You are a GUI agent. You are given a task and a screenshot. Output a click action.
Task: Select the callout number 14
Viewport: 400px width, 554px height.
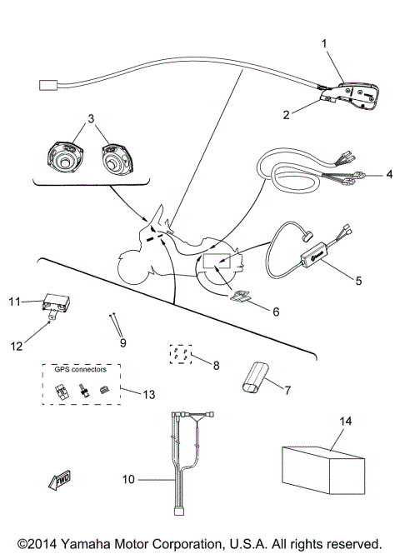click(x=345, y=422)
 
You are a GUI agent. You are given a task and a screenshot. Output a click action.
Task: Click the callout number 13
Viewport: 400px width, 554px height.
click(x=149, y=393)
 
